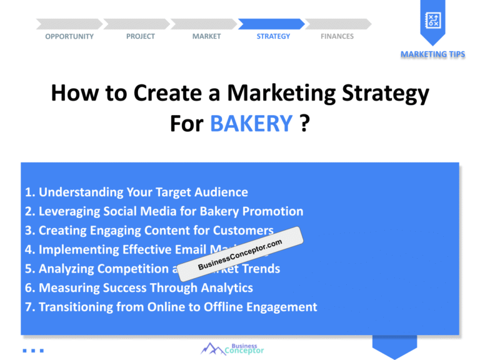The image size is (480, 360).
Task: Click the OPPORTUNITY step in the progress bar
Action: point(69,36)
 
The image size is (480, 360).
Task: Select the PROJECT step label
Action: point(141,36)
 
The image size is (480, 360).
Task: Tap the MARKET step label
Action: point(206,36)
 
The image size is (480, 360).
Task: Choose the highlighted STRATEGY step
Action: point(273,36)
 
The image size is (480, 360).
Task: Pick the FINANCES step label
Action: point(337,36)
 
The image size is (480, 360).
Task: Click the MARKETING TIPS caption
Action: point(432,54)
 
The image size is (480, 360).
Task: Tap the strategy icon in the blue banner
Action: point(432,21)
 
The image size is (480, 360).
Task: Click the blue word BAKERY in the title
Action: point(251,123)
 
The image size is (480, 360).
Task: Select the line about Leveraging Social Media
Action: point(164,211)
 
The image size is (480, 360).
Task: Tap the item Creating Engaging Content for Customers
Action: point(149,231)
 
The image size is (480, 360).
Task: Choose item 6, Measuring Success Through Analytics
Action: point(139,287)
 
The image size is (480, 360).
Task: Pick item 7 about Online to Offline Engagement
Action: point(171,307)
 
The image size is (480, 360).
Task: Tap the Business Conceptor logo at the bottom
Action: point(232,348)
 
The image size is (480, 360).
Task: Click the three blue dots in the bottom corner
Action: point(33,351)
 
